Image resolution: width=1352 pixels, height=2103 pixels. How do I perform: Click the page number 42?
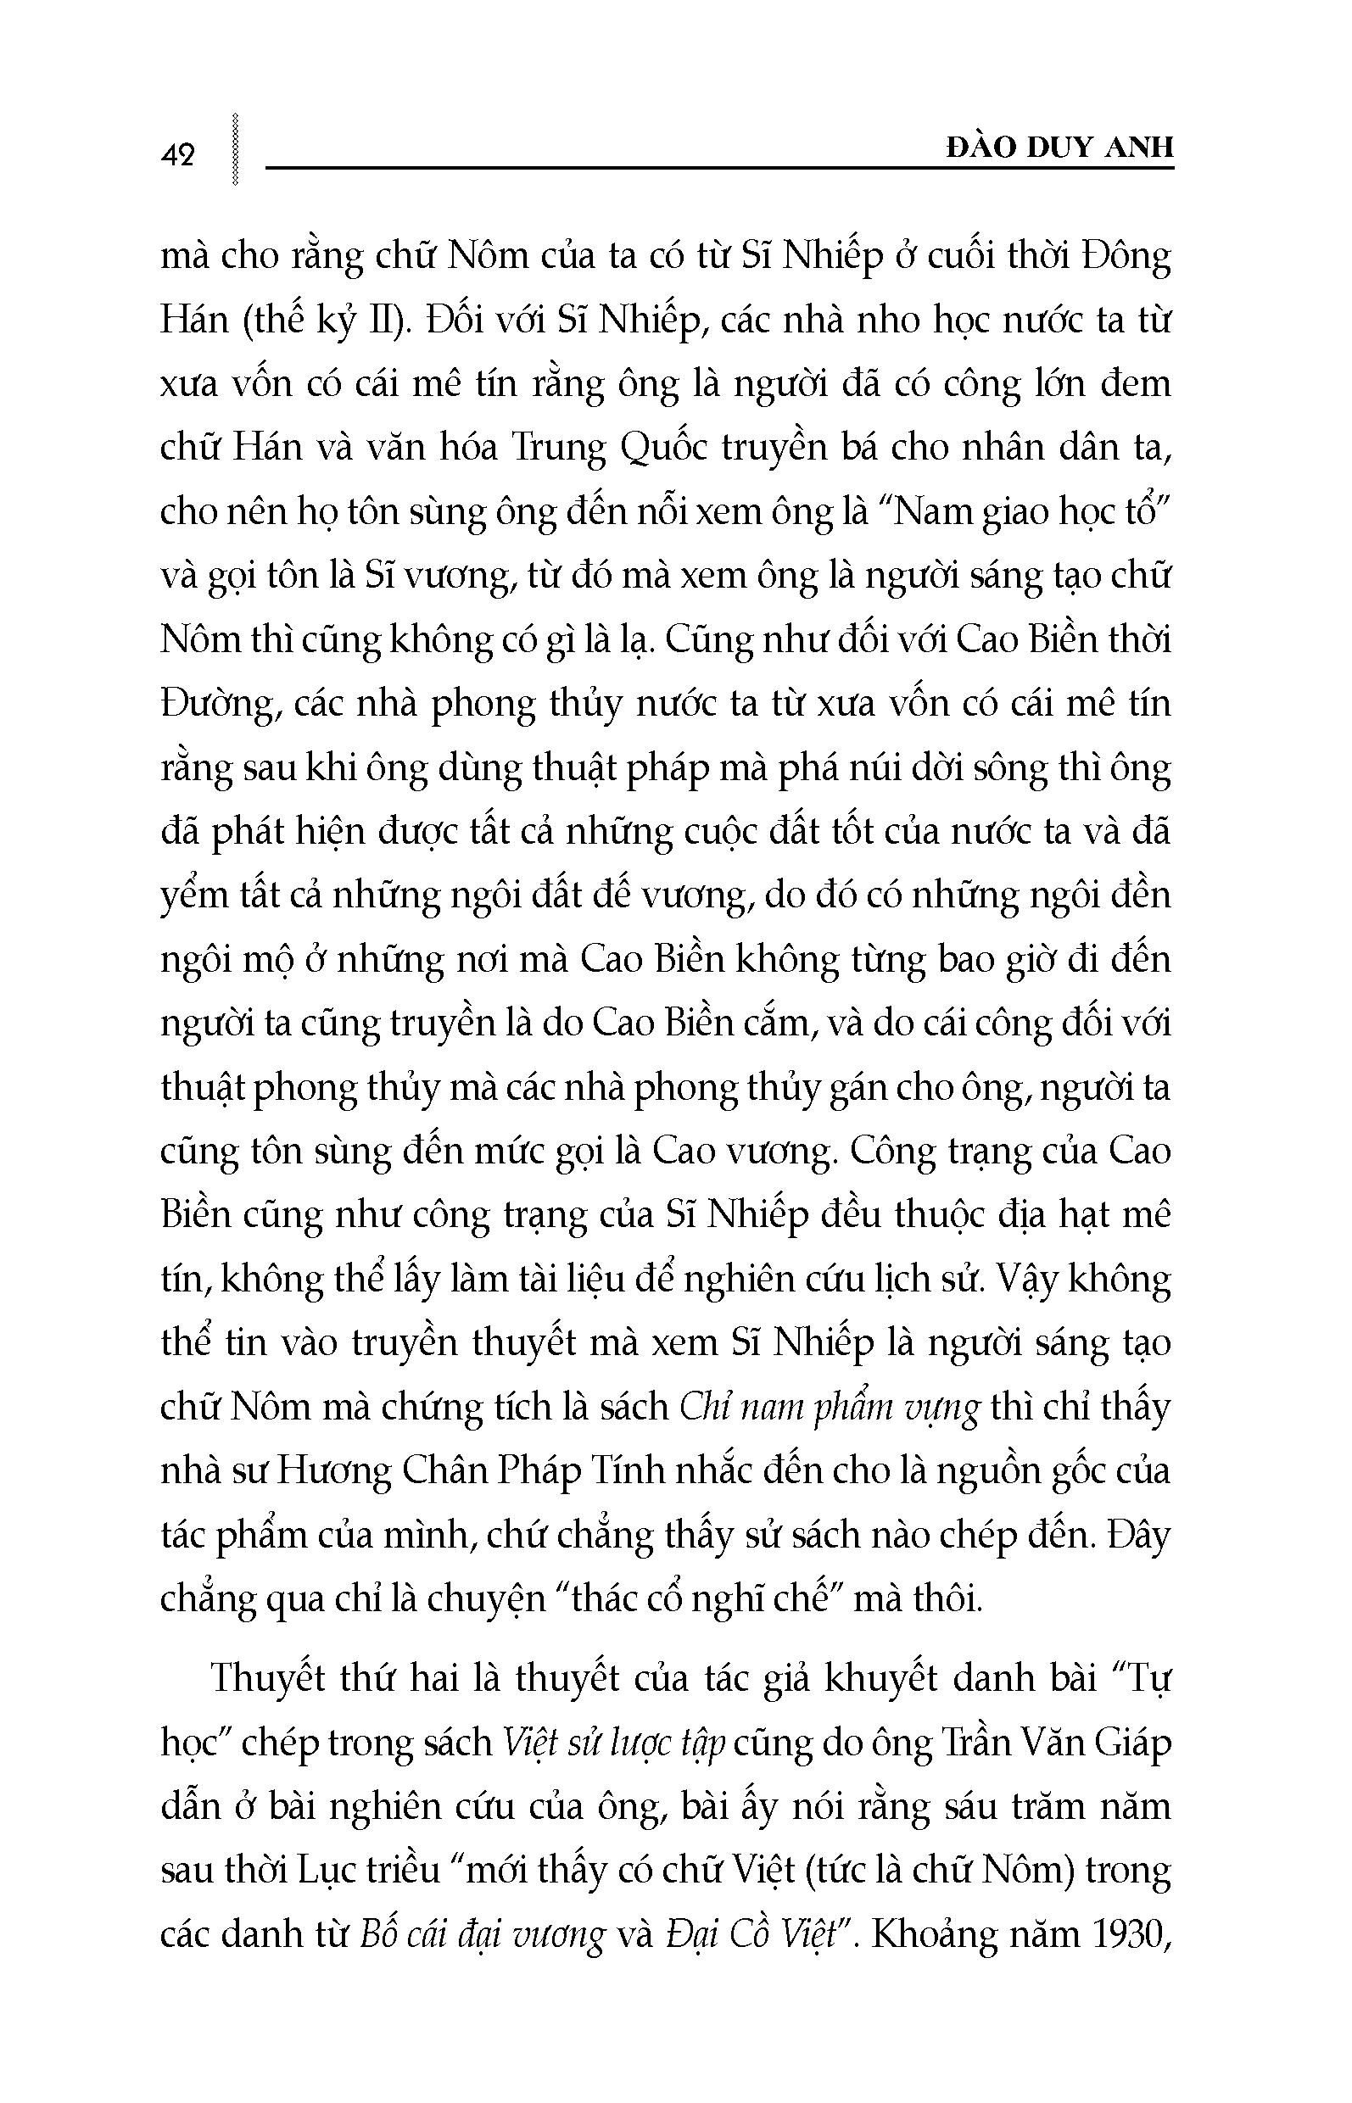[178, 155]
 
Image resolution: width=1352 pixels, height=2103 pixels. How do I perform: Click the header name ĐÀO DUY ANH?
[1059, 148]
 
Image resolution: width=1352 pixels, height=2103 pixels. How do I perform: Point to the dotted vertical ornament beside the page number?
[233, 148]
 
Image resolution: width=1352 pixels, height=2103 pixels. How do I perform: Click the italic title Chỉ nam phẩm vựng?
[830, 1408]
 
